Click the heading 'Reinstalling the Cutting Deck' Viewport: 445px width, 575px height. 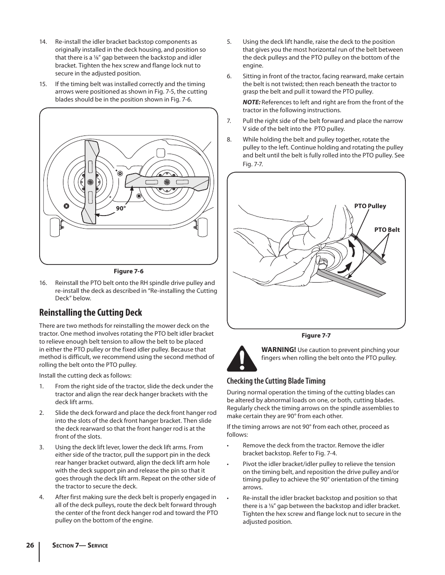[90, 312]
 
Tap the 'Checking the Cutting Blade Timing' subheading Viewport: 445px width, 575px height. [276, 381]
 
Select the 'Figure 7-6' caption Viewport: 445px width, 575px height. [129, 271]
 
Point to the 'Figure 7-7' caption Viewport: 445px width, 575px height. [316, 336]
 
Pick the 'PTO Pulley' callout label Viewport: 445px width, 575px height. [370, 206]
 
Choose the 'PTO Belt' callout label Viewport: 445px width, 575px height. [387, 230]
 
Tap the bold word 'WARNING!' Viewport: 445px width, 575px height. [278, 350]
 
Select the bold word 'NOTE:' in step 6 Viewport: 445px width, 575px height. [251, 102]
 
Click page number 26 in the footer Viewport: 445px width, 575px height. [30, 545]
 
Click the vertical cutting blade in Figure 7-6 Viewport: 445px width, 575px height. [91, 181]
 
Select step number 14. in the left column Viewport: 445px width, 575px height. [43, 42]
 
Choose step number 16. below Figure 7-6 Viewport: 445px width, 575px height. [43, 283]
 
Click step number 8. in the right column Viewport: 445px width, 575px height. [229, 140]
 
